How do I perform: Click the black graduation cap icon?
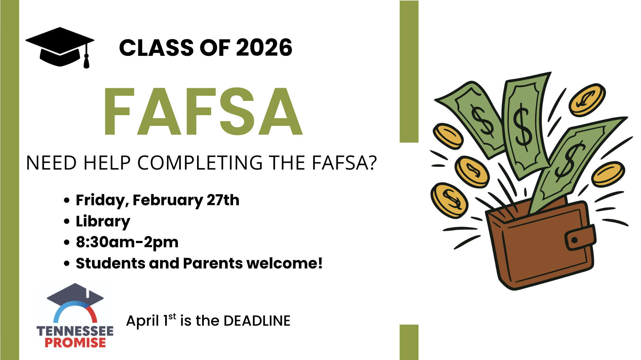tap(60, 47)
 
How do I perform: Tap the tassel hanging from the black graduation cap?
tap(86, 61)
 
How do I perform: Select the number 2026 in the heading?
tap(264, 47)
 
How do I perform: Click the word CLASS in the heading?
tap(157, 47)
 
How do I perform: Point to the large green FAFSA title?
tap(203, 111)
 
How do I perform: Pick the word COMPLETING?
tap(200, 163)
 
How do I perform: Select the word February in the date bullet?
tap(168, 200)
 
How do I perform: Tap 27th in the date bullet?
tap(223, 200)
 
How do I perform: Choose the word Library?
tap(103, 221)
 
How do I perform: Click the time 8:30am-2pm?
tap(127, 242)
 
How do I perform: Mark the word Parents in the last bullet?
tap(213, 263)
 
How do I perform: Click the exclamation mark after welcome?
tap(320, 263)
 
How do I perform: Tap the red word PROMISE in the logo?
tap(75, 343)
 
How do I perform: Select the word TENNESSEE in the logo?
tap(75, 331)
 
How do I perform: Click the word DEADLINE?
tap(257, 321)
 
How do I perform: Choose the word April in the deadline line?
tap(143, 321)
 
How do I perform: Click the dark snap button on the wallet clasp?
tap(574, 240)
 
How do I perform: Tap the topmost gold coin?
tap(587, 100)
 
